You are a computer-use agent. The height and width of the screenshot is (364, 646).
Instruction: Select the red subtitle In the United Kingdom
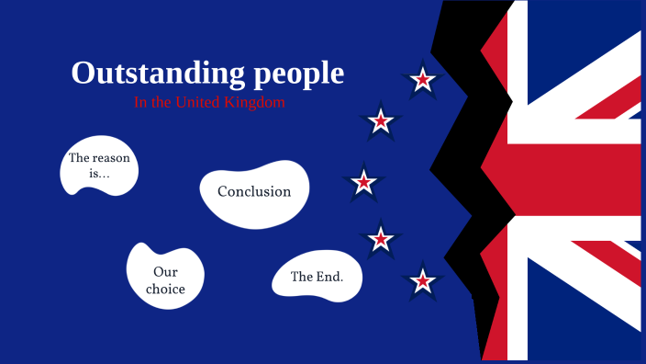pyautogui.click(x=209, y=103)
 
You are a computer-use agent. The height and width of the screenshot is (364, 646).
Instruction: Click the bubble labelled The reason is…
pyautogui.click(x=98, y=165)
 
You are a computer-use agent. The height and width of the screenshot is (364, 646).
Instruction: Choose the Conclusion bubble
pyautogui.click(x=254, y=193)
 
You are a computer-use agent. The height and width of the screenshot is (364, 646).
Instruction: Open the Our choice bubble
pyautogui.click(x=165, y=279)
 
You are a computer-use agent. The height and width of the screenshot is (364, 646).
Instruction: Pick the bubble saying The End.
pyautogui.click(x=317, y=277)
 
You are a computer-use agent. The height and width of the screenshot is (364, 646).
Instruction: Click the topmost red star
pyautogui.click(x=422, y=81)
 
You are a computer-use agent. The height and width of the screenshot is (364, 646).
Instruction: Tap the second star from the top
pyautogui.click(x=380, y=121)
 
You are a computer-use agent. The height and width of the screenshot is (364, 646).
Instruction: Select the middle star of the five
pyautogui.click(x=364, y=182)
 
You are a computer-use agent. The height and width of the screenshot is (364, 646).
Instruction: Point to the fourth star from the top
pyautogui.click(x=380, y=240)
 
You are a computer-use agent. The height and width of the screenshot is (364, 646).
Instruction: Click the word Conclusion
pyautogui.click(x=254, y=192)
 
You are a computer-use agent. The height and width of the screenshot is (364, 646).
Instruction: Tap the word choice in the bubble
pyautogui.click(x=165, y=290)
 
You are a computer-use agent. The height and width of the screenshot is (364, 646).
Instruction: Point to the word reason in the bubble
pyautogui.click(x=112, y=158)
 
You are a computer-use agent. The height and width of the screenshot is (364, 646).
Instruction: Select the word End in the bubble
pyautogui.click(x=329, y=277)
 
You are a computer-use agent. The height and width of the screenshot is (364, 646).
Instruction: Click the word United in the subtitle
pyautogui.click(x=196, y=103)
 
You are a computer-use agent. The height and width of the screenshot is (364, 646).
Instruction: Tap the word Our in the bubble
pyautogui.click(x=165, y=272)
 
